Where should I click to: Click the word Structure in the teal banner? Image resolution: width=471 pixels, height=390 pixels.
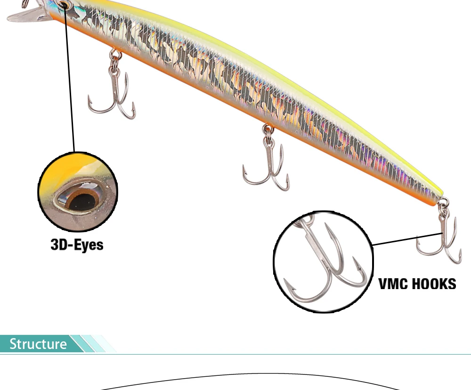(x=38, y=344)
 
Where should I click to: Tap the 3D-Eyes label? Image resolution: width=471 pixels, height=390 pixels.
(x=77, y=244)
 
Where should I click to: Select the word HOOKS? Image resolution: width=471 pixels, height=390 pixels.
(x=431, y=284)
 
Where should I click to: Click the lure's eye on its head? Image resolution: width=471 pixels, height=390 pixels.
(x=64, y=5)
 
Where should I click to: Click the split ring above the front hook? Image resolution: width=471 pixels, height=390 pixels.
(x=115, y=57)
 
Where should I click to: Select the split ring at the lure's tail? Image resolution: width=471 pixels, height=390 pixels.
(x=444, y=205)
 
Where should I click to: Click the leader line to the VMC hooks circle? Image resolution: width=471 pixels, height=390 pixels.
(x=407, y=239)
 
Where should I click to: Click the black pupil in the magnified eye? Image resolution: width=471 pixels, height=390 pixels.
(x=81, y=202)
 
